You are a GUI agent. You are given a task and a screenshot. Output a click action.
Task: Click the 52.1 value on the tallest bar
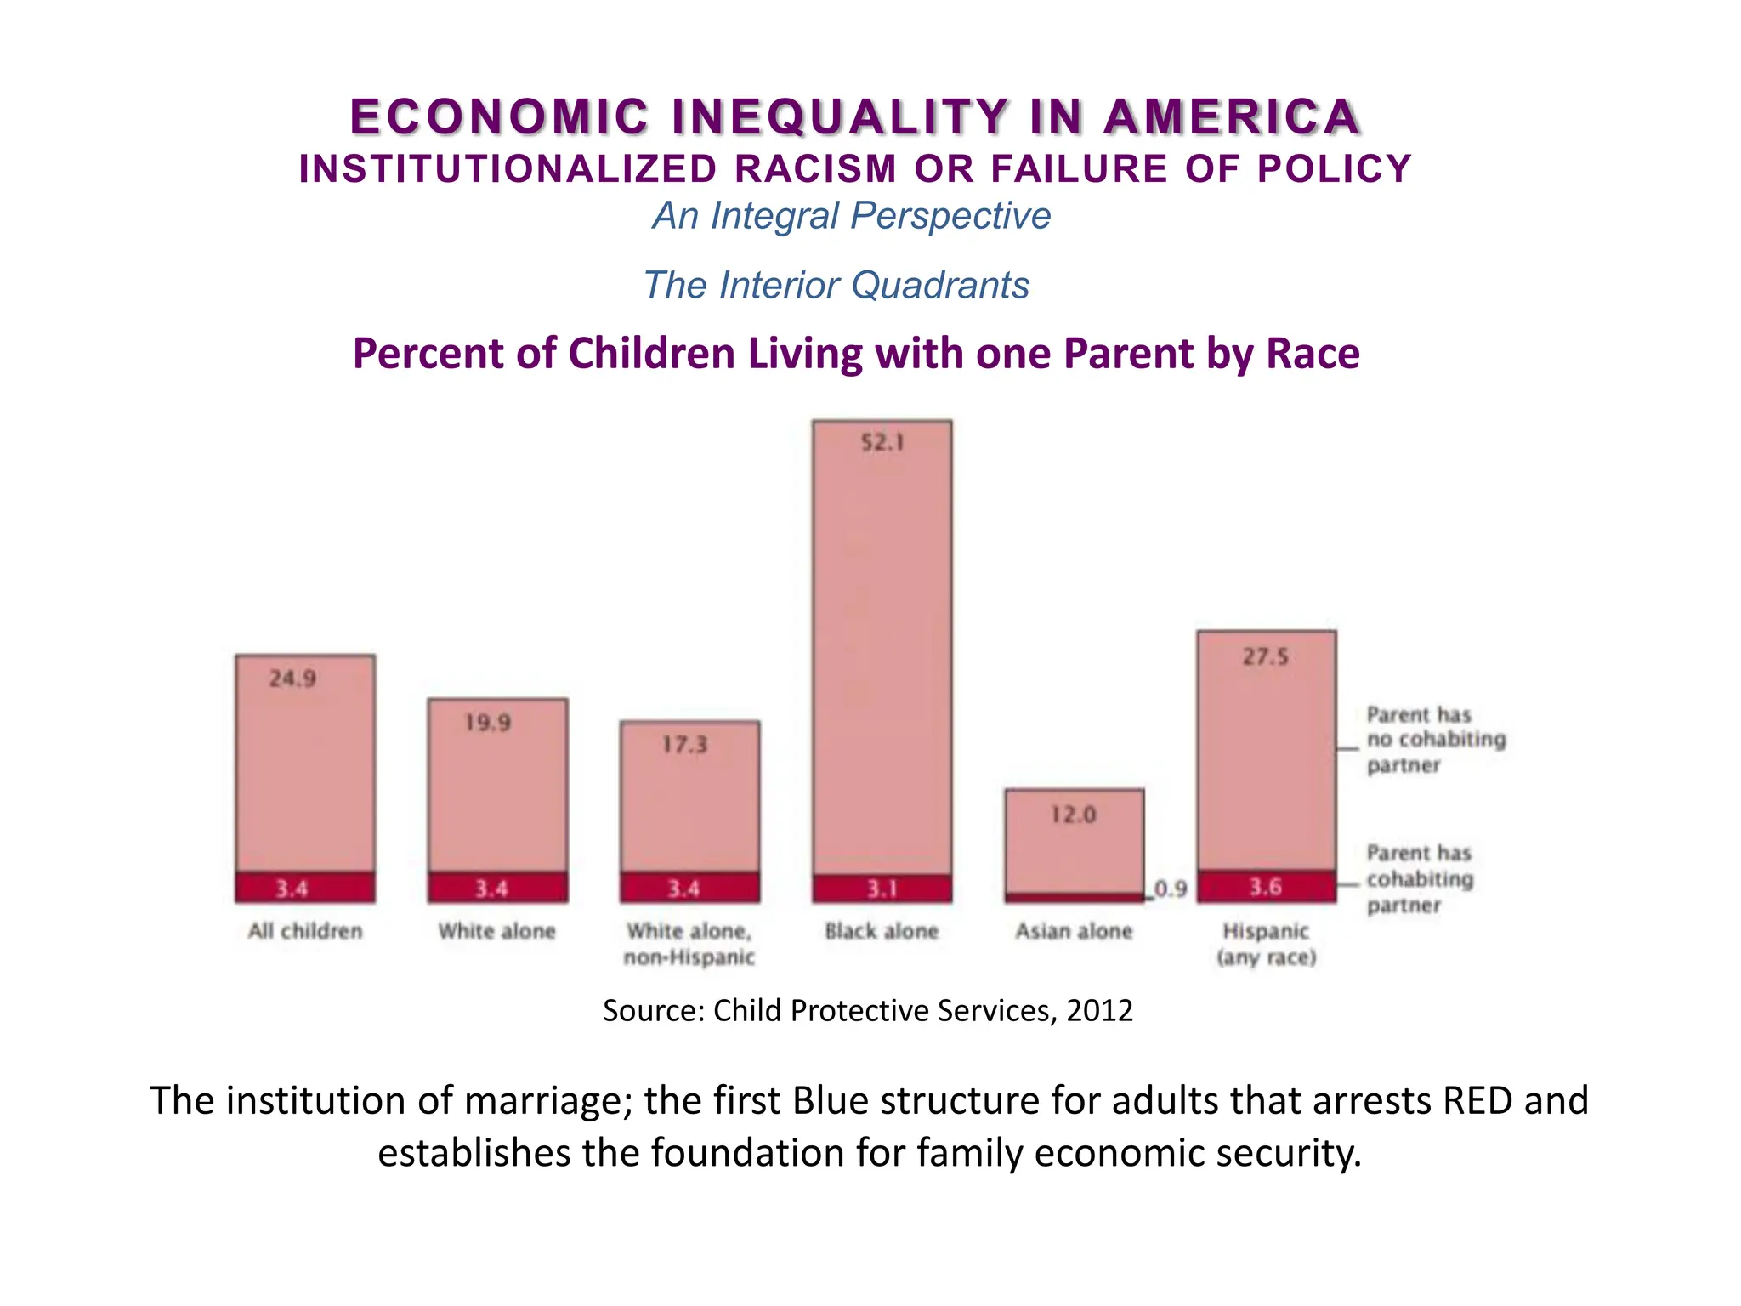pyautogui.click(x=882, y=442)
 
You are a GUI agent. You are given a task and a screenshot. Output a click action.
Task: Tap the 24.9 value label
pyautogui.click(x=292, y=679)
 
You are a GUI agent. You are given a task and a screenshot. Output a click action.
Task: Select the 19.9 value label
pyautogui.click(x=487, y=723)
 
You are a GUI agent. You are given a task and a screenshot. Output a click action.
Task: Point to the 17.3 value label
pyautogui.click(x=684, y=745)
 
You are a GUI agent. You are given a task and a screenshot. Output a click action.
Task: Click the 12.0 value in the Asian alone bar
pyautogui.click(x=1074, y=815)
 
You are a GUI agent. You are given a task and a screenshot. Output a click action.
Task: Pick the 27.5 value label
pyautogui.click(x=1265, y=656)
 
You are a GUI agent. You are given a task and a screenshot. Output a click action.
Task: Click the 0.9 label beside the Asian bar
pyautogui.click(x=1171, y=889)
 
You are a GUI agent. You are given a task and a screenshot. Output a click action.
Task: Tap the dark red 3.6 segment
pyautogui.click(x=1266, y=887)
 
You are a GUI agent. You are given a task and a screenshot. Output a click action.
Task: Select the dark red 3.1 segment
pyautogui.click(x=882, y=889)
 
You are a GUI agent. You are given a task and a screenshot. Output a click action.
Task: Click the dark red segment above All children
pyautogui.click(x=304, y=889)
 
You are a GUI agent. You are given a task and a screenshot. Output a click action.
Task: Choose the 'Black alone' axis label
pyautogui.click(x=882, y=931)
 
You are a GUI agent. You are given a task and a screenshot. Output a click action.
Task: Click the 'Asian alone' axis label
pyautogui.click(x=1074, y=931)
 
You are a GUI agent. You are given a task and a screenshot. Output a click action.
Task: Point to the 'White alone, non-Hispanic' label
pyautogui.click(x=689, y=944)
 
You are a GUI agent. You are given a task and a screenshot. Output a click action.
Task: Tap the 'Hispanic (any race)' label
pyautogui.click(x=1266, y=944)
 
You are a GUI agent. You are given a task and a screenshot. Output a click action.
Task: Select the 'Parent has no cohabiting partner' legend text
pyautogui.click(x=1435, y=740)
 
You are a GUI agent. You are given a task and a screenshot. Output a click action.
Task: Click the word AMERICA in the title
pyautogui.click(x=1233, y=117)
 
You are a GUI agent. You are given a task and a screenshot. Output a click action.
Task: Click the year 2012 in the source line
pyautogui.click(x=1099, y=1010)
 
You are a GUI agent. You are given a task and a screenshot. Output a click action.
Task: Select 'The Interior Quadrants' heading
pyautogui.click(x=836, y=285)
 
